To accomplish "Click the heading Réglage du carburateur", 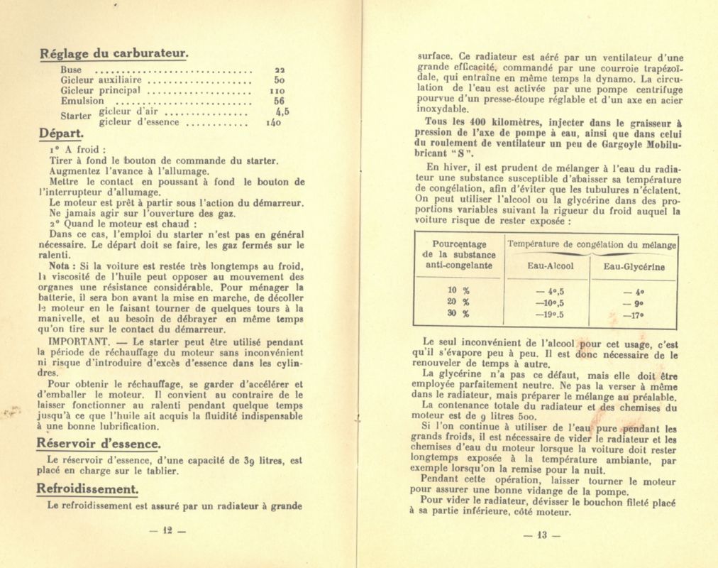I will click(114, 53).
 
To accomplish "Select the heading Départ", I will click(61, 133).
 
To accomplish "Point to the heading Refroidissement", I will click(87, 489).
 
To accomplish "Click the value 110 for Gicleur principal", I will click(277, 91).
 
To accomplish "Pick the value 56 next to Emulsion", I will click(279, 101).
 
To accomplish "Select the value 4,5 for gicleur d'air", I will click(282, 111).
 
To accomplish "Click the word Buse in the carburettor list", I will click(71, 70).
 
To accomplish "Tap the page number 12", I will click(167, 530).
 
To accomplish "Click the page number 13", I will click(541, 535).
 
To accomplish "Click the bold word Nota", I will click(60, 266).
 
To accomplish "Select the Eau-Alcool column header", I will click(551, 266).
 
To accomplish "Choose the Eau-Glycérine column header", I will click(634, 267).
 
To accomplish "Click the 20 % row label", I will click(459, 302).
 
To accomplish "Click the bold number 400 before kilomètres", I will click(464, 121).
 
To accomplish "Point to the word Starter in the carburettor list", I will click(76, 116).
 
